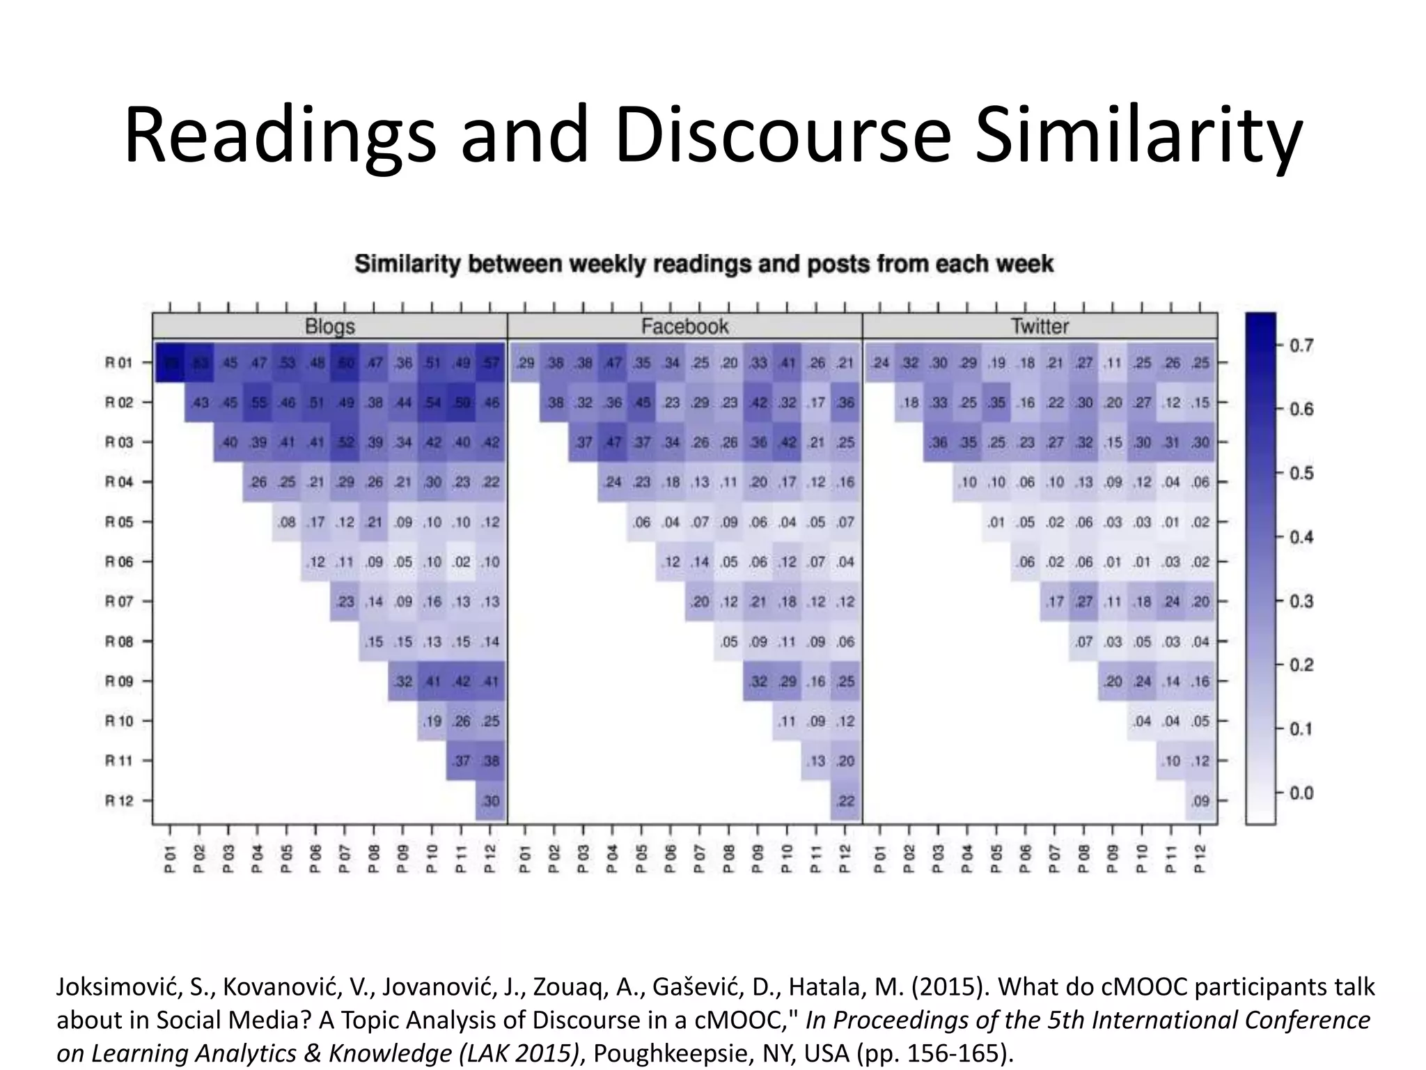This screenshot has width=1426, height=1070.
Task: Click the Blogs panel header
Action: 329,326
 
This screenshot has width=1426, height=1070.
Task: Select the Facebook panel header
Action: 684,326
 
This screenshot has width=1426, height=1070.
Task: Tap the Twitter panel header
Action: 1040,326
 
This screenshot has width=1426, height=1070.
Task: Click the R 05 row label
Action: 119,522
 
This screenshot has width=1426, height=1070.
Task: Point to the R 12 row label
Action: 119,800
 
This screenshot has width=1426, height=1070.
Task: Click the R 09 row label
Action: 119,681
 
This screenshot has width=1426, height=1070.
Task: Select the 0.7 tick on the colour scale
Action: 1301,346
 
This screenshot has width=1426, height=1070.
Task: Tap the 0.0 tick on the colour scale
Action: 1301,793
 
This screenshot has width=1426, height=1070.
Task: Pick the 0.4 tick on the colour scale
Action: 1301,537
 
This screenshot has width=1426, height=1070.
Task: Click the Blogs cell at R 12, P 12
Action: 491,800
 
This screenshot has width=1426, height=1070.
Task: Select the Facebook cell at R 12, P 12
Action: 845,800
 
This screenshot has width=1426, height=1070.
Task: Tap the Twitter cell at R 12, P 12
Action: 1200,800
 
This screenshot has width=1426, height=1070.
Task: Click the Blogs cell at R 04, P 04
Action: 258,482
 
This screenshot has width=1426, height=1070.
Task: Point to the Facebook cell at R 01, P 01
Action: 526,362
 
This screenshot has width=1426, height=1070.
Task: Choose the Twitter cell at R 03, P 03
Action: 939,442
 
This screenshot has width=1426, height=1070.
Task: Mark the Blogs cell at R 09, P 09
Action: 404,681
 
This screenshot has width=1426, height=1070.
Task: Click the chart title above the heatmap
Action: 703,264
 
